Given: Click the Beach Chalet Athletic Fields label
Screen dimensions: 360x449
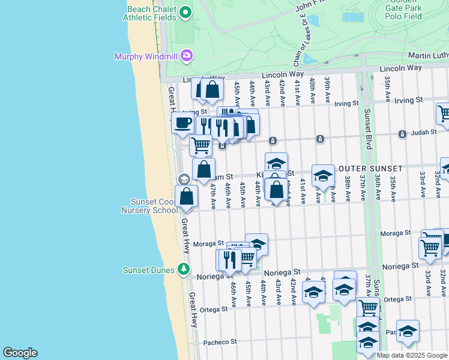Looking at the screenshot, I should (151, 14).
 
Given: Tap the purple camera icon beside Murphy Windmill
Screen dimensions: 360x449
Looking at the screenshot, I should (187, 56).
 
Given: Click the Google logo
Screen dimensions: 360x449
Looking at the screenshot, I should (20, 353).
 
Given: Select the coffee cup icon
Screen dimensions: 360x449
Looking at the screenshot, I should (183, 122).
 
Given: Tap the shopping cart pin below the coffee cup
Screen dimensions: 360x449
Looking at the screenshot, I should (200, 145).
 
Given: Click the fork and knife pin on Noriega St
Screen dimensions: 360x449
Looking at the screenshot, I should (228, 259).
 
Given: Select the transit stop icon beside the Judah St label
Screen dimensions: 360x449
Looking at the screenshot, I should (320, 139).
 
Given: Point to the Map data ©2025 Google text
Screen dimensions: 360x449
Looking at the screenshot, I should (411, 355).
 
